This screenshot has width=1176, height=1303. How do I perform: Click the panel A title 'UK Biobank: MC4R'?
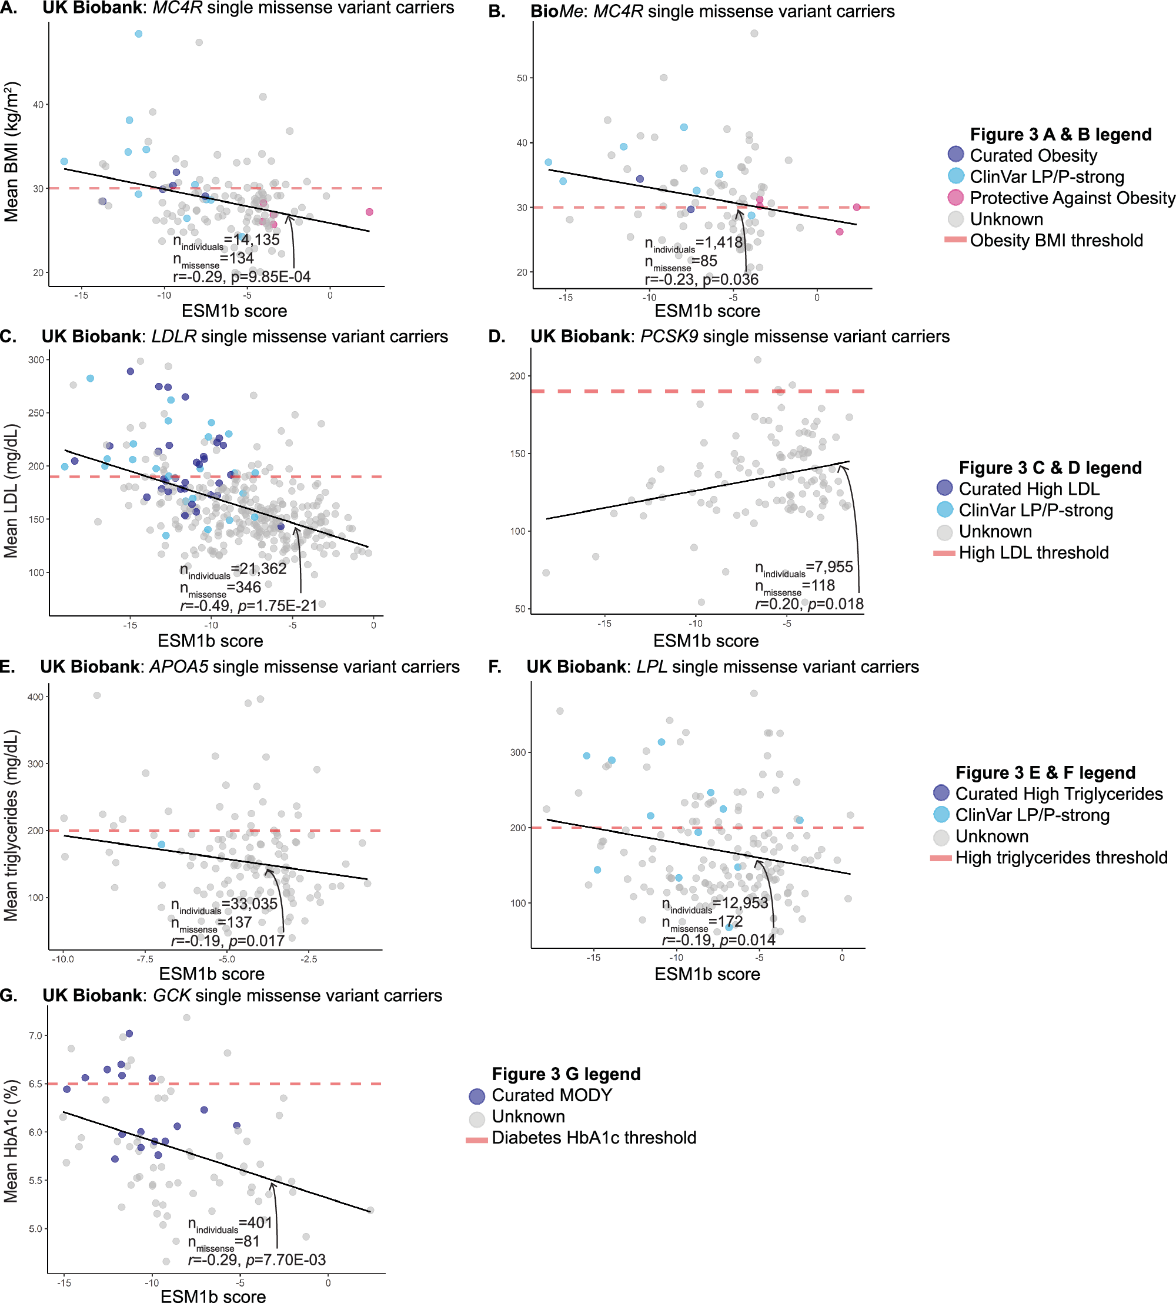(x=248, y=8)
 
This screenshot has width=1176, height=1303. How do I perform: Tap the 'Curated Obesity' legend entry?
(x=1033, y=156)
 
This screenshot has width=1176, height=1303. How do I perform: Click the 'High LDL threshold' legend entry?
(x=1033, y=553)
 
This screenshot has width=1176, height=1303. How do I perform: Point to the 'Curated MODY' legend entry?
(x=551, y=1095)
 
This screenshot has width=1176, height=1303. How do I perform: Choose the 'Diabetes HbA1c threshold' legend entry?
(x=593, y=1138)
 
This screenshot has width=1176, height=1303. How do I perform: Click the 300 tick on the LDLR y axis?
(x=36, y=360)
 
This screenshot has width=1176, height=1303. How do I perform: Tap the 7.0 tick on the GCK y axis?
(x=35, y=1035)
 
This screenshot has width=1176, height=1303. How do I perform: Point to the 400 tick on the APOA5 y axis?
(x=35, y=697)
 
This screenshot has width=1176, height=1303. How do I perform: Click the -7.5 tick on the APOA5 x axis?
(x=145, y=959)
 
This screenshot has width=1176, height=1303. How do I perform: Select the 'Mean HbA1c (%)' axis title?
(x=11, y=1141)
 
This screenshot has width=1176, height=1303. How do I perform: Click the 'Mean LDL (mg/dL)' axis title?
(x=11, y=491)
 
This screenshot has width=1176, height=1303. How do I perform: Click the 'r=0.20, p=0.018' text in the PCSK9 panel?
(x=809, y=604)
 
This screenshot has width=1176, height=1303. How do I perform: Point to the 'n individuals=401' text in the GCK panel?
(x=230, y=1224)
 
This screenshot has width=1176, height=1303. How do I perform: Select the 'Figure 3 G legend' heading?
(x=566, y=1074)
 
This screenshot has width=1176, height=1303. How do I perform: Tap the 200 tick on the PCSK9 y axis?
(x=517, y=376)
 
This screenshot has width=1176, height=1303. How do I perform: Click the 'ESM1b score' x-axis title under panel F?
(x=707, y=974)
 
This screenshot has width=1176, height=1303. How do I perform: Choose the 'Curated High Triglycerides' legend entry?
(x=1058, y=794)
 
